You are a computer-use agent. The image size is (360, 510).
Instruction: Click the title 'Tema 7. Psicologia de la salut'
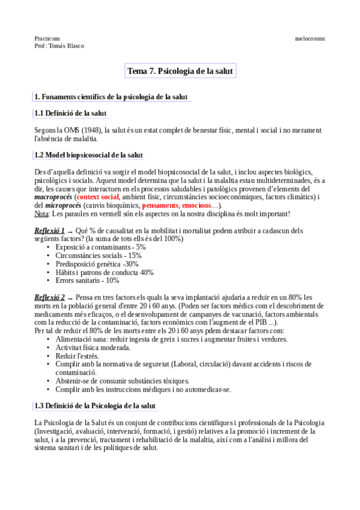pyautogui.click(x=180, y=71)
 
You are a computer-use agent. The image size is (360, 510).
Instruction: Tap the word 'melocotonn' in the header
pyautogui.click(x=310, y=38)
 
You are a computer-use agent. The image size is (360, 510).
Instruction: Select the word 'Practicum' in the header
pyautogui.click(x=47, y=38)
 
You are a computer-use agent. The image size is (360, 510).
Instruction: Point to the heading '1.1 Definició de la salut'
pyautogui.click(x=70, y=113)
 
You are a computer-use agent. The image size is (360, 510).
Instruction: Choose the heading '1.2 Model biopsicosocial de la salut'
pyautogui.click(x=88, y=155)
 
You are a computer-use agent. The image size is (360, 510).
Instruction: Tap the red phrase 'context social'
pyautogui.click(x=98, y=197)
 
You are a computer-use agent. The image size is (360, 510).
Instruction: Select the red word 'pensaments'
pyautogui.click(x=160, y=205)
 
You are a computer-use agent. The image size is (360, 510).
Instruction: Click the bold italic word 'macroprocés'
pyautogui.click(x=53, y=197)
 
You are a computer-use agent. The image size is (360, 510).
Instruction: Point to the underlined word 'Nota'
pyautogui.click(x=41, y=214)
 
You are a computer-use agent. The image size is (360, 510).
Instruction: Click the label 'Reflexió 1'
pyautogui.click(x=49, y=230)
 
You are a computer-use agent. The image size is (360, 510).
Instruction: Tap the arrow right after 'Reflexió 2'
pyautogui.click(x=70, y=298)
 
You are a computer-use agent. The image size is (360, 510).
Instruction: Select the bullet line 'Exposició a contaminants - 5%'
pyautogui.click(x=100, y=247)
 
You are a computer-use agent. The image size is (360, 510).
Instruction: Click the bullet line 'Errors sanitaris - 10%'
pyautogui.click(x=87, y=280)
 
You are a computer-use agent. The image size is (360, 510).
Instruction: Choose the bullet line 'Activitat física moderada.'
pyautogui.click(x=93, y=348)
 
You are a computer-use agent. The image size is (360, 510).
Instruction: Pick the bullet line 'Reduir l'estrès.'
pyautogui.click(x=77, y=356)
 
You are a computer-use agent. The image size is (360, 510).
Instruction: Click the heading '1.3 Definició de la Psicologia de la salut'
pyautogui.click(x=95, y=406)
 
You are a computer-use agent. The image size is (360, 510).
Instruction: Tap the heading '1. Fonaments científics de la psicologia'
pyautogui.click(x=111, y=96)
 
